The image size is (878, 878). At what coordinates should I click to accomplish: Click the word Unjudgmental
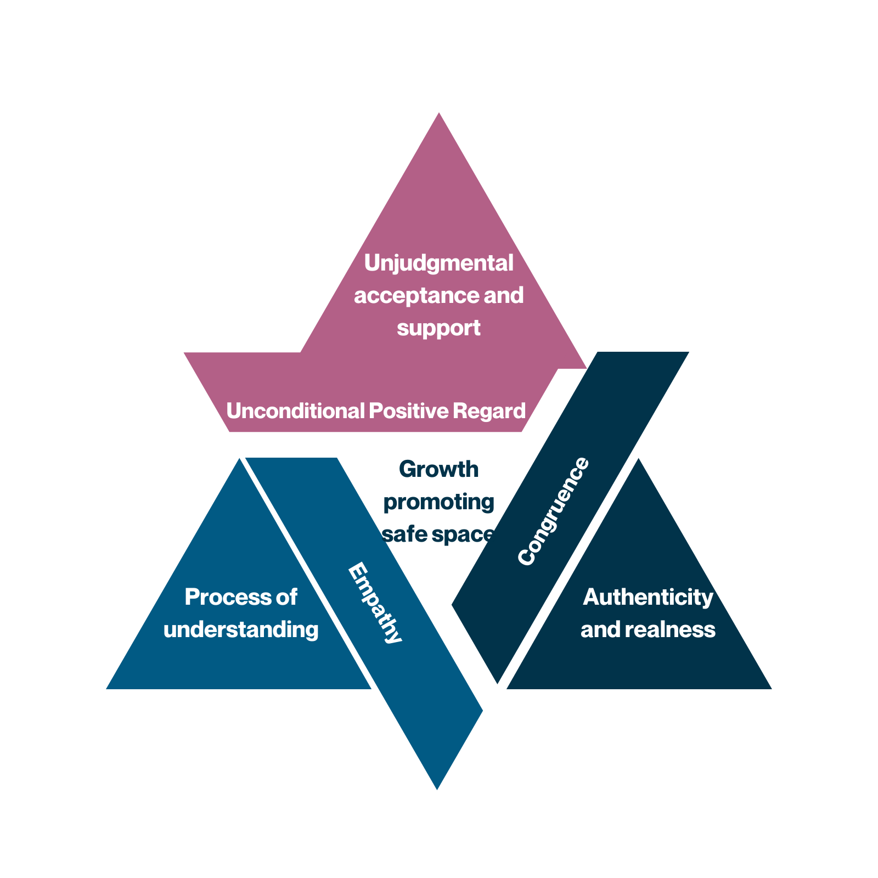point(438,263)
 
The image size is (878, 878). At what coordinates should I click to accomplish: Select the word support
point(438,328)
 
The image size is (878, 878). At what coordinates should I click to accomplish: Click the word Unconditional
point(295,411)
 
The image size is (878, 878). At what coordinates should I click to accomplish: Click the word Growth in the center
point(438,470)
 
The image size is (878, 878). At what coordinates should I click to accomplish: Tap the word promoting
point(438,502)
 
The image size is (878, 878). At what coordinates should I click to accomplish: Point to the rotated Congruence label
point(553,511)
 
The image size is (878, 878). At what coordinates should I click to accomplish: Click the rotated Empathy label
point(375,603)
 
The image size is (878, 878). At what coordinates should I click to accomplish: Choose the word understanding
point(241,629)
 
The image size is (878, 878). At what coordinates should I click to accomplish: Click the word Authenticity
point(648,597)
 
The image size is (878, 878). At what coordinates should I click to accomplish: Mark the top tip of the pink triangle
point(438,114)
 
